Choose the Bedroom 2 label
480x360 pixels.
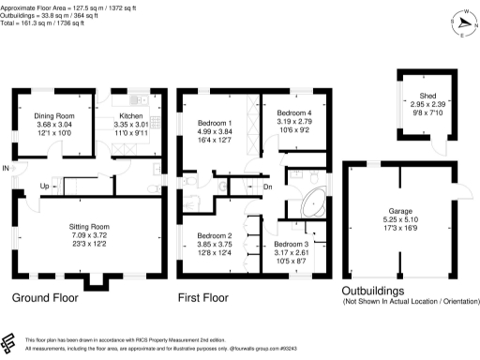pyautogui.click(x=214, y=235)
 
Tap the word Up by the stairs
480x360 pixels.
pyautogui.click(x=43, y=186)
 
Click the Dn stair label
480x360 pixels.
pyautogui.click(x=267, y=187)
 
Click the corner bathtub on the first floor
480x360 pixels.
pyautogui.click(x=311, y=201)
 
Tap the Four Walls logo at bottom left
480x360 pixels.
pyautogui.click(x=10, y=342)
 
